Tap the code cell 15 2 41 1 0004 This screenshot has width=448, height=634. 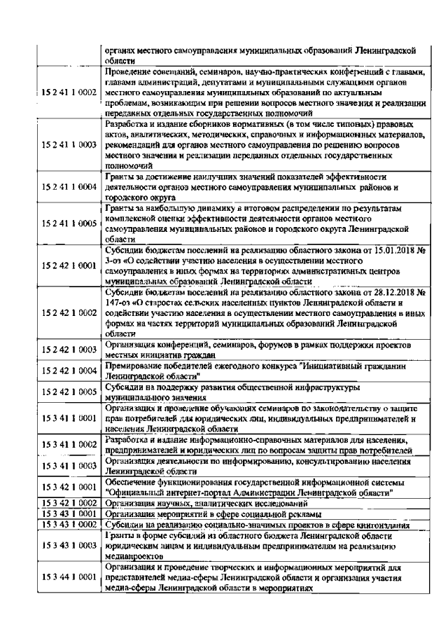tap(69, 188)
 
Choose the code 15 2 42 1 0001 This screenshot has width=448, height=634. tap(69, 267)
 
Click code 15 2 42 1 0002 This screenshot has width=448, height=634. tap(69, 312)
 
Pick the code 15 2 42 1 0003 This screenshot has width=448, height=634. tap(69, 349)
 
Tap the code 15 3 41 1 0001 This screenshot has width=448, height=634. tap(69, 418)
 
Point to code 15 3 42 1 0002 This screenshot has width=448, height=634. tap(69, 504)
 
